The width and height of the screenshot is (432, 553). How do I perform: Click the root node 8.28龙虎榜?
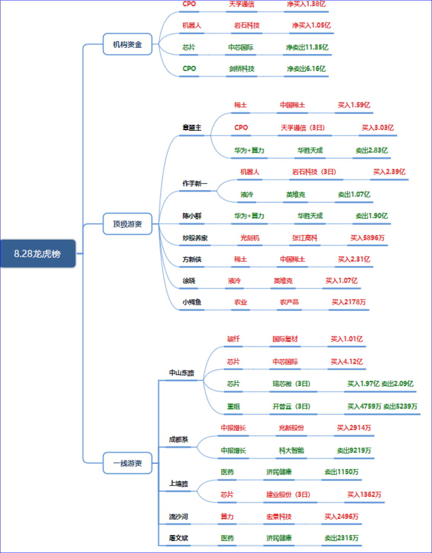38,253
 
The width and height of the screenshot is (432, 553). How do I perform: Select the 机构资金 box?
127,44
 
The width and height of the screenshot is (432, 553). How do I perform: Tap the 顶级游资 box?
127,224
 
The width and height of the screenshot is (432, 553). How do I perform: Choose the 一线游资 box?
127,463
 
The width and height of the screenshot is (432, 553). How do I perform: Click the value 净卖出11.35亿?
307,47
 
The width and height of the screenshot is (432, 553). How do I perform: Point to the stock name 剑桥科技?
241,69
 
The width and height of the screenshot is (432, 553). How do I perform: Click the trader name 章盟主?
192,127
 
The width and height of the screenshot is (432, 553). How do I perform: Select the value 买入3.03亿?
378,127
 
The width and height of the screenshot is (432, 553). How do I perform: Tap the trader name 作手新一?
195,183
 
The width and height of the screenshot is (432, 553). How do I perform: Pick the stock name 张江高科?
305,238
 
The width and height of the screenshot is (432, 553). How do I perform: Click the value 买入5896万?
367,238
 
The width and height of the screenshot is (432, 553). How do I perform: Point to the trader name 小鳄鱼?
192,302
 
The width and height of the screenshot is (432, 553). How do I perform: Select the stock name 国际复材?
285,339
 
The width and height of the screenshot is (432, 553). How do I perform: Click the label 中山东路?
181,373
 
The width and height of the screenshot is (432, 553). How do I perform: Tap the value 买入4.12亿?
346,362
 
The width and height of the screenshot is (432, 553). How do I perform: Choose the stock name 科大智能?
291,451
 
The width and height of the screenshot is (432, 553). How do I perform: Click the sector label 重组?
233,406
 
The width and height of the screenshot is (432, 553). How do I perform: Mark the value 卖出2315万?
341,538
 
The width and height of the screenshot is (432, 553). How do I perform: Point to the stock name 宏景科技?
279,516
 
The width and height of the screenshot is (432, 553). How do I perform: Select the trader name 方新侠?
192,259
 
